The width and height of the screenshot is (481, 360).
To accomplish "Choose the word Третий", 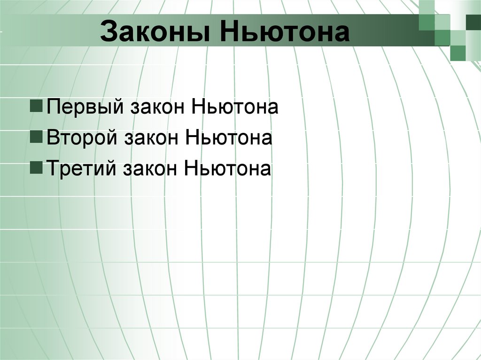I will click(83, 168).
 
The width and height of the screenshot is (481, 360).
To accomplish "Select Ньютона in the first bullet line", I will click(235, 107).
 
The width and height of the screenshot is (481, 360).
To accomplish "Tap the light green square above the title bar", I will click(427, 7).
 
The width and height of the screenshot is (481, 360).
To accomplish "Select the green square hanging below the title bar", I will click(458, 53).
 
